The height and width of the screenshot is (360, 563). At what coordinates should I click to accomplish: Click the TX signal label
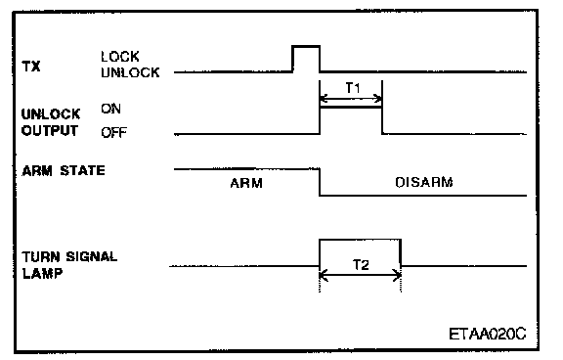tap(31, 67)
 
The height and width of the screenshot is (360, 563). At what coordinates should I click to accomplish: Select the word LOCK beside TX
tap(120, 57)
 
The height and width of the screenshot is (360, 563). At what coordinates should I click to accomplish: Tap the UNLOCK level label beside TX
tap(130, 72)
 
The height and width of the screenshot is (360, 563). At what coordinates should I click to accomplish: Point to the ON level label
tap(110, 109)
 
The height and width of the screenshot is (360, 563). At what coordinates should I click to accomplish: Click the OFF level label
tap(113, 133)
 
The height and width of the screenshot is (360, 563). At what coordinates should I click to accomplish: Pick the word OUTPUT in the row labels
tap(50, 130)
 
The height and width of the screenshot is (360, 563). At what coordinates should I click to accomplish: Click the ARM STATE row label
tap(64, 170)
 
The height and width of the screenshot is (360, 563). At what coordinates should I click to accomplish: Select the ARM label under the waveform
tap(246, 183)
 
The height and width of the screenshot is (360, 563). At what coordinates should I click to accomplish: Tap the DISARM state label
tap(423, 183)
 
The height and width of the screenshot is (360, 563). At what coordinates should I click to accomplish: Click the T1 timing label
tap(353, 88)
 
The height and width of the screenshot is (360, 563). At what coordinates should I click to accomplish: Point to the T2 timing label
tap(361, 265)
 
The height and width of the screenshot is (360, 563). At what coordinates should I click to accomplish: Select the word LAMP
tap(42, 273)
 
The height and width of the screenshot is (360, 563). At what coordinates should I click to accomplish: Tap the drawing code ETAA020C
tap(488, 335)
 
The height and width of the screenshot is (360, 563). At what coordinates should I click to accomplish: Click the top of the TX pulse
tap(306, 46)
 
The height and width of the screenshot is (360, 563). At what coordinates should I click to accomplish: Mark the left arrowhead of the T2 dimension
tap(323, 276)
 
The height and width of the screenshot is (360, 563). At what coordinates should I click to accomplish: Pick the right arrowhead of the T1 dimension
tap(378, 99)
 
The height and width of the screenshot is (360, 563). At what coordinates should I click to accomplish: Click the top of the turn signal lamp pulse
tap(360, 240)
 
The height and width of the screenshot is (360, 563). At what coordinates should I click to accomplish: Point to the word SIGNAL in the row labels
tap(92, 257)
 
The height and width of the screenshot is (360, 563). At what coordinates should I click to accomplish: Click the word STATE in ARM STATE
tap(82, 170)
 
